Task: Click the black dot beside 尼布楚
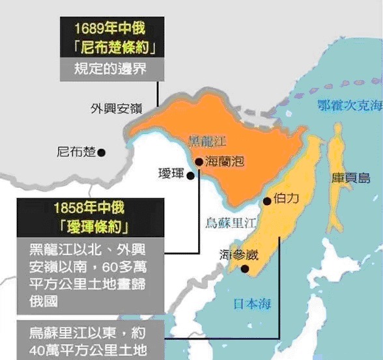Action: (x=102, y=152)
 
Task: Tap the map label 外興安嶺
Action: (x=115, y=108)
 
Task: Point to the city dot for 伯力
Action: (x=267, y=202)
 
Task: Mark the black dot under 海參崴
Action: (x=245, y=268)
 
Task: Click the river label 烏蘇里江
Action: (x=231, y=223)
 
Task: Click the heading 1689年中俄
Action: (x=110, y=29)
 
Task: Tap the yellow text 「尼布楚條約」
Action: (x=110, y=48)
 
